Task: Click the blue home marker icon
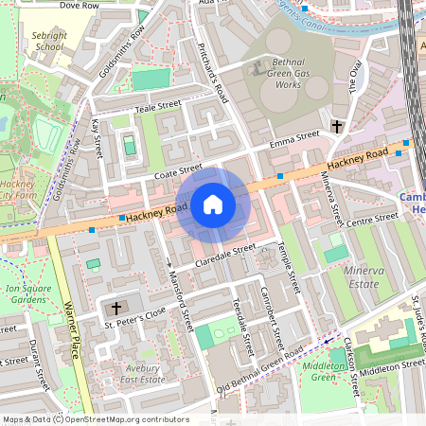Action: click(213, 204)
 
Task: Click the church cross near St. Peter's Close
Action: click(116, 309)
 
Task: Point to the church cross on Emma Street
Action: click(337, 126)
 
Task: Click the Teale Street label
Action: click(158, 105)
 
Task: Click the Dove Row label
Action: click(79, 5)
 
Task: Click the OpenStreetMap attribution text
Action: click(96, 418)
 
